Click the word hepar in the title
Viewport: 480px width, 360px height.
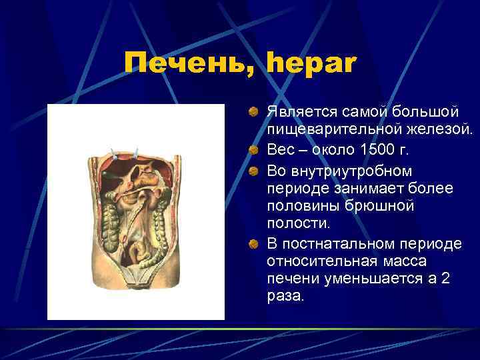coord(312,65)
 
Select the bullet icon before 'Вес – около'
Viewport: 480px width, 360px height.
coord(254,148)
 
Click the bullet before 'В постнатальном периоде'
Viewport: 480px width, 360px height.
coord(254,243)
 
